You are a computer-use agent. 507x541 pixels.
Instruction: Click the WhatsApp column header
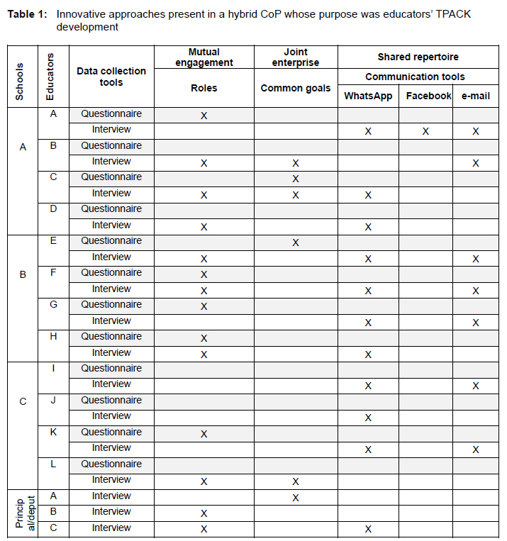368,96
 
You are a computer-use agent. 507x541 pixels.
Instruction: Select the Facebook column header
428,96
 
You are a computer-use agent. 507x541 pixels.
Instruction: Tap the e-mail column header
475,96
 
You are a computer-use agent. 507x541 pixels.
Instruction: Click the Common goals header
296,89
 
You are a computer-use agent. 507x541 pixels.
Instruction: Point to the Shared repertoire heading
418,57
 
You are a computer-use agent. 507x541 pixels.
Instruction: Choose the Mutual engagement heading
204,57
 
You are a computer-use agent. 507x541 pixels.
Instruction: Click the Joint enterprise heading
296,57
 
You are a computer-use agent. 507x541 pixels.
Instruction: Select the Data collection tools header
111,77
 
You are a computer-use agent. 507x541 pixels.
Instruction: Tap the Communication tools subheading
415,77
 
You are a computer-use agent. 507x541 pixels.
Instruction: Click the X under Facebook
425,131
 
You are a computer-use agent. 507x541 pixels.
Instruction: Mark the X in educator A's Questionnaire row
204,116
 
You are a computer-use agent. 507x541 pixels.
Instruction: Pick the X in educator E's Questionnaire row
296,242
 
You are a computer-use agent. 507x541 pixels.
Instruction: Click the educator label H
53,336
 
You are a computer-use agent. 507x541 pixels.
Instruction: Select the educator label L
53,464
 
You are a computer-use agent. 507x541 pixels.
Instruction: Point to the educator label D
53,208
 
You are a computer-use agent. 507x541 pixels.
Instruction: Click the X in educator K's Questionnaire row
204,434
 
